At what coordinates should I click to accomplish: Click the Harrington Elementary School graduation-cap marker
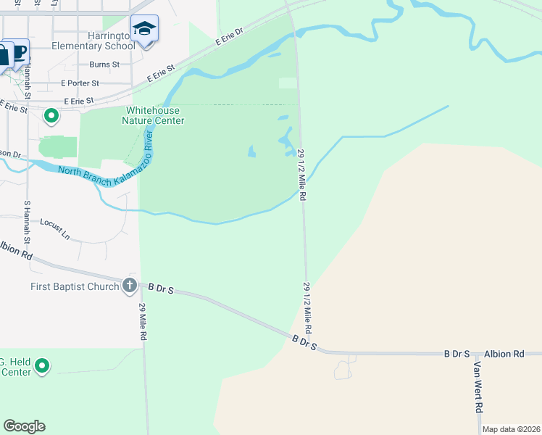pyautogui.click(x=144, y=29)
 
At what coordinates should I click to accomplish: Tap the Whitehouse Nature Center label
pyautogui.click(x=155, y=115)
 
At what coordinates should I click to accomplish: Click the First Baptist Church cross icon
pyautogui.click(x=130, y=286)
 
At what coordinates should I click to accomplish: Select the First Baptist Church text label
pyautogui.click(x=74, y=286)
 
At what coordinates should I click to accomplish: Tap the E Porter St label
pyautogui.click(x=85, y=83)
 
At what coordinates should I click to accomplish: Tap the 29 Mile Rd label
pyautogui.click(x=144, y=322)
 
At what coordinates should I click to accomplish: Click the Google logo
pyautogui.click(x=24, y=426)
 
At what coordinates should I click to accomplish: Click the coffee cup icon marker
pyautogui.click(x=20, y=51)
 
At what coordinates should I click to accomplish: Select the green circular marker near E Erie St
pyautogui.click(x=51, y=115)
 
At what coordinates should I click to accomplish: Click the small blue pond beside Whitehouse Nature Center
pyautogui.click(x=251, y=152)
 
